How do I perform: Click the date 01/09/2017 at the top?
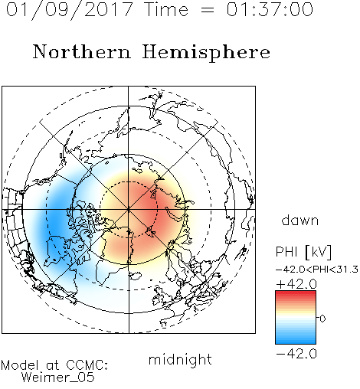(x=70, y=10)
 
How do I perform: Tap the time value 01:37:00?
(x=270, y=9)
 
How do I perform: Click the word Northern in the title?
(x=82, y=52)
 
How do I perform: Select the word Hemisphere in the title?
(x=206, y=53)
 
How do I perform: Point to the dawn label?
(x=300, y=220)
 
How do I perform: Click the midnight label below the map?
(x=180, y=359)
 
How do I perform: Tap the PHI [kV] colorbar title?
(x=303, y=252)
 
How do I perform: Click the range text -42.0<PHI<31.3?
(x=317, y=270)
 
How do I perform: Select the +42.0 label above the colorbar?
(x=296, y=284)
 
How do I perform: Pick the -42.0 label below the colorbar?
(x=296, y=354)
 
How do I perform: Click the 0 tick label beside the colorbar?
(x=322, y=319)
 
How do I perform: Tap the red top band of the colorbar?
(x=296, y=293)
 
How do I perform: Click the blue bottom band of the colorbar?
(x=296, y=341)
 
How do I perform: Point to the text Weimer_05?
(x=58, y=378)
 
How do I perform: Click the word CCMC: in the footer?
(x=87, y=365)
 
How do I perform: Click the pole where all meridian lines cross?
(x=129, y=210)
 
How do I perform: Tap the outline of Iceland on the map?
(x=136, y=276)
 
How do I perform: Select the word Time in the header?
(x=166, y=9)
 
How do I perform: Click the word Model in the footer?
(x=20, y=365)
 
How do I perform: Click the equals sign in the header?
(x=208, y=10)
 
